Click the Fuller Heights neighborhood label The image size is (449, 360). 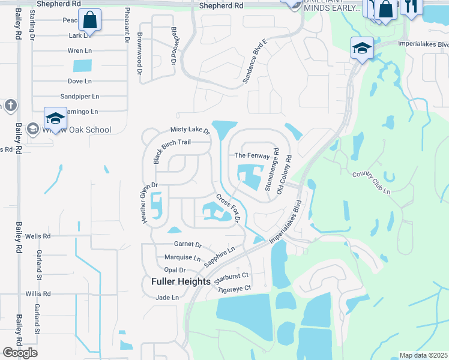click(x=181, y=281)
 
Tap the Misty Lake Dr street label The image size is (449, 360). click(x=190, y=130)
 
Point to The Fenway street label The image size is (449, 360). click(x=252, y=155)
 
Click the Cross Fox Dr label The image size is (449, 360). click(x=228, y=208)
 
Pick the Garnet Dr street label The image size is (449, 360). click(x=187, y=245)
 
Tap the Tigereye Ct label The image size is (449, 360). click(x=235, y=289)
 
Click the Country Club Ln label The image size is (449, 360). click(x=371, y=183)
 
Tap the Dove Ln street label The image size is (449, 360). click(x=79, y=81)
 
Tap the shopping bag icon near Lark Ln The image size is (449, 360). click(x=89, y=20)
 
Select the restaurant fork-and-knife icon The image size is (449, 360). click(x=411, y=7)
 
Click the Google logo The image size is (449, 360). click(x=20, y=353)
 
